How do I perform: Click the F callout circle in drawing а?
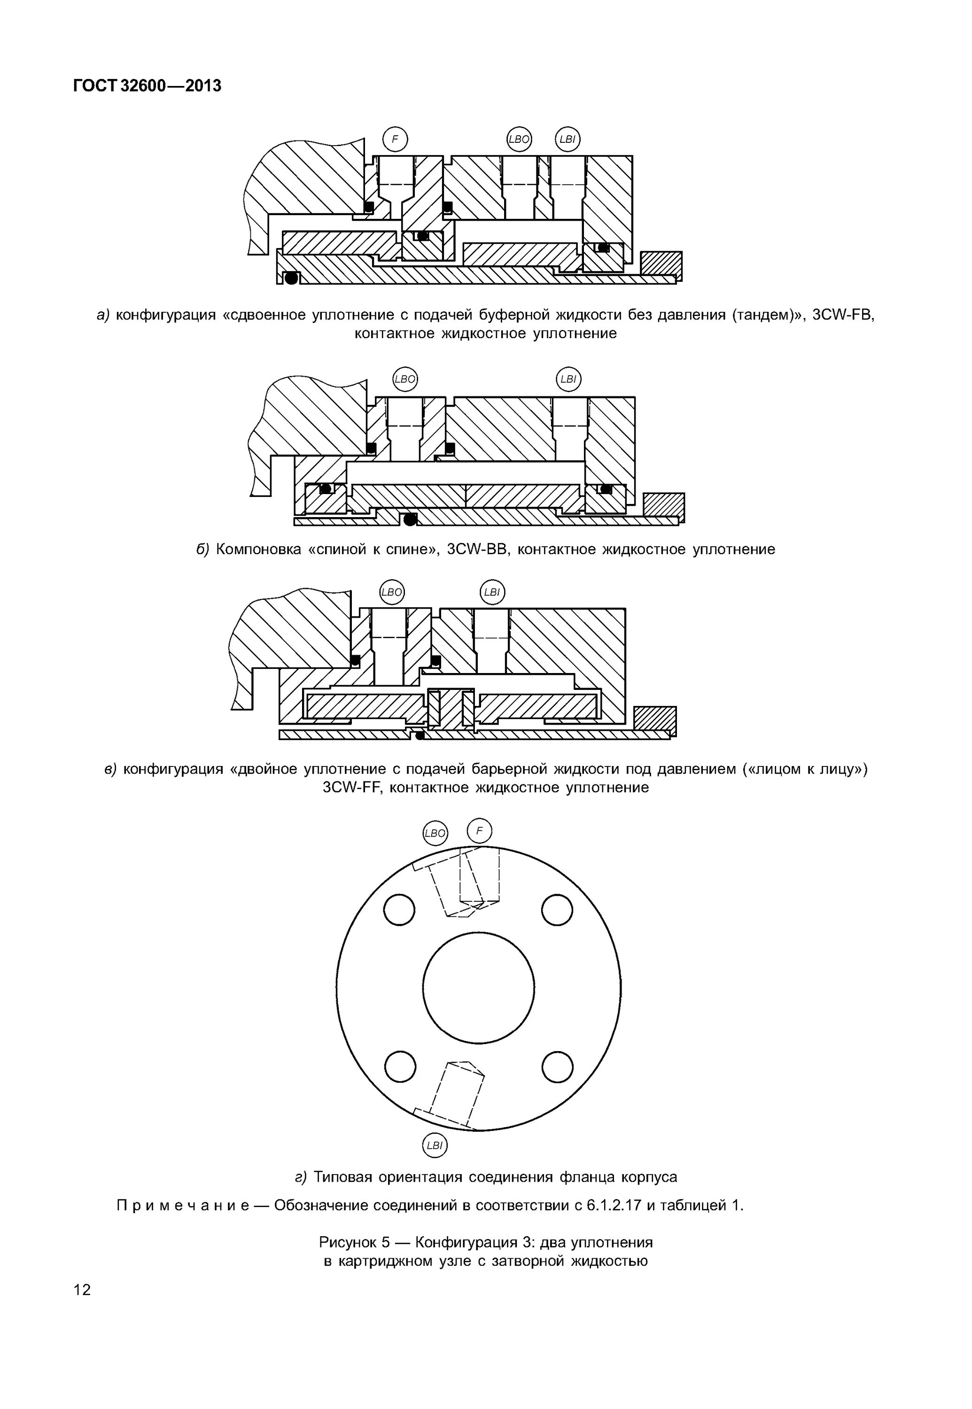click(395, 139)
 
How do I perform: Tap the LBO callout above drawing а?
click(519, 139)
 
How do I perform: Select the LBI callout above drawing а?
click(568, 139)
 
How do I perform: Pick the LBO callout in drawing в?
click(392, 592)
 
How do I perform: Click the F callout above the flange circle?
click(479, 830)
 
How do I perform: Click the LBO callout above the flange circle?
click(435, 833)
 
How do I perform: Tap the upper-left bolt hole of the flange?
click(399, 910)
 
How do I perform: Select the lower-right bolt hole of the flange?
click(557, 1066)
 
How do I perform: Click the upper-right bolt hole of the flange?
click(557, 910)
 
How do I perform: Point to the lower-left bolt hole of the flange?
click(400, 1066)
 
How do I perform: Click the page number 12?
click(82, 1289)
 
